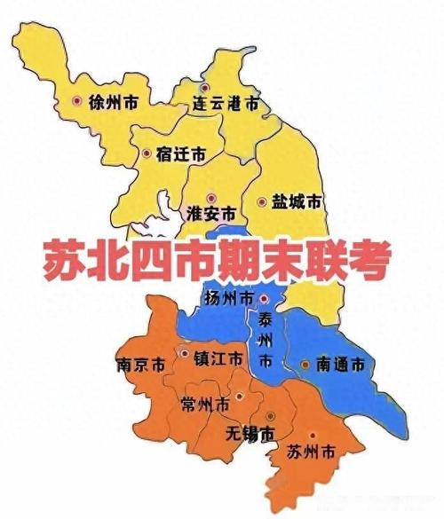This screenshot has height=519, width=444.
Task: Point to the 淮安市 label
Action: [212, 214]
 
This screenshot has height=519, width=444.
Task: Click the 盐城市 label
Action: [297, 202]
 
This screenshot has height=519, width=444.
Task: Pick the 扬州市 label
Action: [228, 296]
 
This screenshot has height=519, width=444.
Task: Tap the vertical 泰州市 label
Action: [265, 341]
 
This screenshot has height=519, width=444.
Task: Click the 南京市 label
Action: [140, 365]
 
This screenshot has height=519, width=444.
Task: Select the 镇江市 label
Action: [217, 358]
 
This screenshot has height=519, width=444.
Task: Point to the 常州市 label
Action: [204, 404]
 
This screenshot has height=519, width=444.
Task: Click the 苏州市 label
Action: [313, 452]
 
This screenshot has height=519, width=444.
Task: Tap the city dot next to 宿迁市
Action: [146, 153]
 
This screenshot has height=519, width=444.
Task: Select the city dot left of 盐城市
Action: [262, 202]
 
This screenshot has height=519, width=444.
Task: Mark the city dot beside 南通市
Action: [305, 364]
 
